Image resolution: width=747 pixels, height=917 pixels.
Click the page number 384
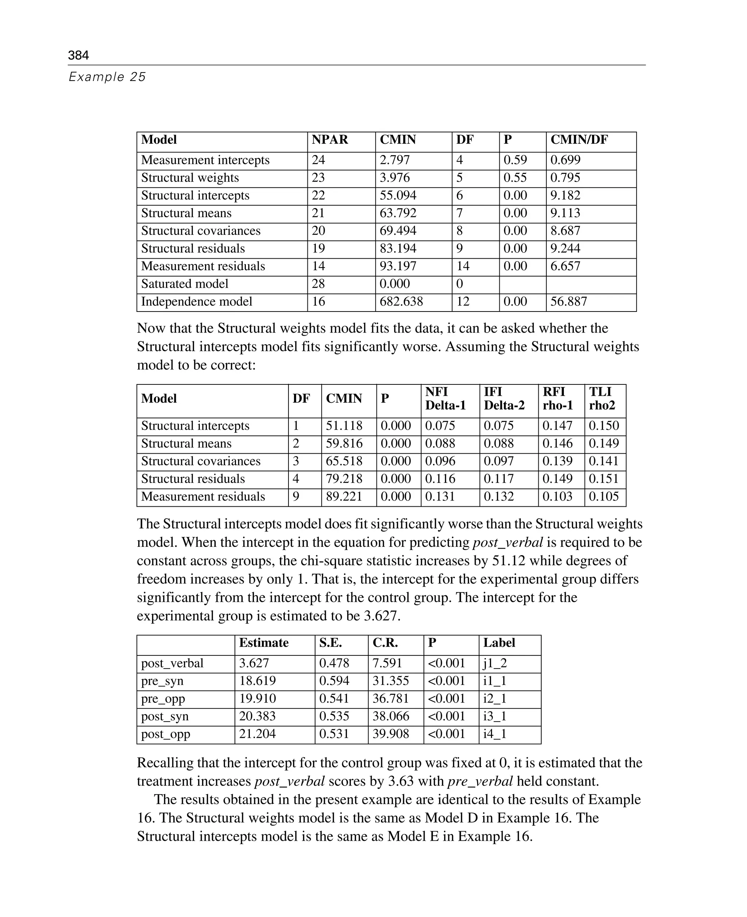[x=78, y=55]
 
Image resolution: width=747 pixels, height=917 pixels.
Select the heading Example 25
[x=107, y=77]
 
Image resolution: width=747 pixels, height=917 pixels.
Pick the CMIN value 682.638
[x=401, y=301]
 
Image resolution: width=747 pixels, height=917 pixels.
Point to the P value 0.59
[x=515, y=160]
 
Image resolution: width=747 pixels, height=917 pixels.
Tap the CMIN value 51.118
[x=344, y=426]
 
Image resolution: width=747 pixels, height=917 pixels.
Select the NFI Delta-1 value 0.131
[x=440, y=496]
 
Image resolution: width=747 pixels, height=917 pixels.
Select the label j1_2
[x=495, y=663]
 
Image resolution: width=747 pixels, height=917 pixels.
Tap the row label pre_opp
[x=163, y=699]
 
